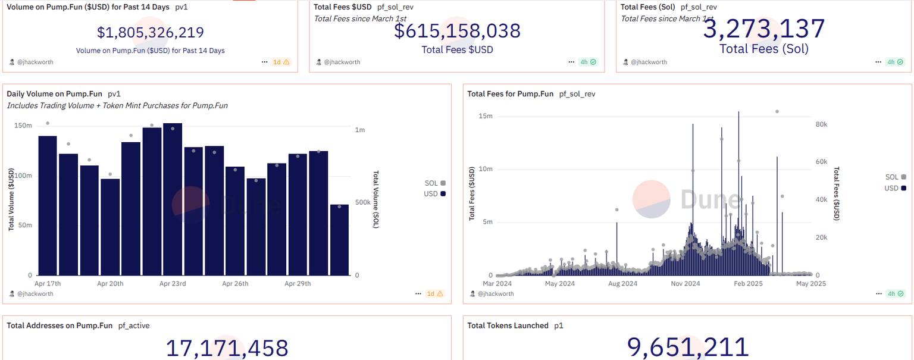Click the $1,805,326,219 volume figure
click(150, 33)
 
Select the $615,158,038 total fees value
click(457, 31)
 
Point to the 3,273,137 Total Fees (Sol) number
click(764, 29)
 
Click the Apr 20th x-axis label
click(110, 284)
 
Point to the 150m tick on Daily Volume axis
click(23, 126)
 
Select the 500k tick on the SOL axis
click(364, 203)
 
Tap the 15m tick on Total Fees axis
click(486, 116)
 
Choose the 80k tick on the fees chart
click(821, 124)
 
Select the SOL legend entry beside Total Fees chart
click(895, 177)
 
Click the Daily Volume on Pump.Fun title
click(54, 94)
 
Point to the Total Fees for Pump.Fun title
click(510, 94)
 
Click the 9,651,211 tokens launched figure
click(687, 348)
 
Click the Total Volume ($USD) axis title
click(11, 200)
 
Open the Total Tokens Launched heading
click(508, 325)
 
